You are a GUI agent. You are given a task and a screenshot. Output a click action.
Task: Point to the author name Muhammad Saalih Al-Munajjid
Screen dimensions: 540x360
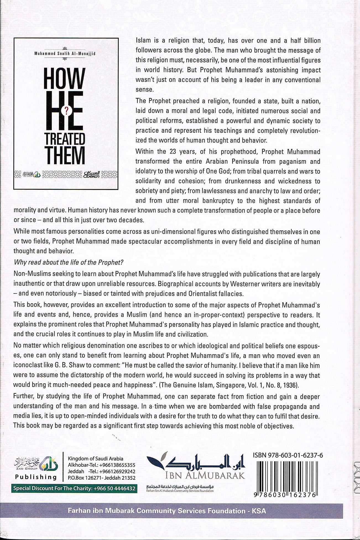point(65,54)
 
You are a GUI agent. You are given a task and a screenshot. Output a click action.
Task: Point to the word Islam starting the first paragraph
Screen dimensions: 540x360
point(143,41)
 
